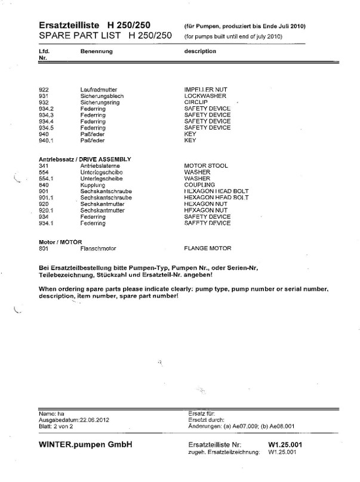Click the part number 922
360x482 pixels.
43,90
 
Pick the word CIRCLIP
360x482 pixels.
196,103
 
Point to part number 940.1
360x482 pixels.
46,141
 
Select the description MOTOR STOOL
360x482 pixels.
205,165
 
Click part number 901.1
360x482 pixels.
46,197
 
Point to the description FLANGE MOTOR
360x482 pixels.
208,248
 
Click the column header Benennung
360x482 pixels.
95,51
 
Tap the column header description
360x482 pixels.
200,51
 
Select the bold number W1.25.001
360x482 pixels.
286,445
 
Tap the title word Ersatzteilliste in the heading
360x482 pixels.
69,26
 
